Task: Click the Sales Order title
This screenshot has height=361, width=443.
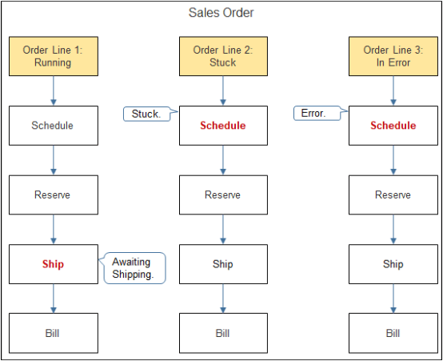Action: (x=221, y=13)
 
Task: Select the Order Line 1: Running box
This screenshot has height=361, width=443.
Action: (x=53, y=56)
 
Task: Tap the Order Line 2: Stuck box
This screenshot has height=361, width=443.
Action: (x=222, y=56)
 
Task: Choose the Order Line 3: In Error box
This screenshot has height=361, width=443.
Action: (x=393, y=56)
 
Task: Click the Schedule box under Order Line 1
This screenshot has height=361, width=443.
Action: (x=53, y=126)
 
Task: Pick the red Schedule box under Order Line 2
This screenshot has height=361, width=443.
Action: (x=222, y=126)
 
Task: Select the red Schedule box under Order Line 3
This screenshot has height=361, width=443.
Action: (x=393, y=126)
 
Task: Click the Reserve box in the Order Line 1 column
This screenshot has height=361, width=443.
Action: (x=53, y=195)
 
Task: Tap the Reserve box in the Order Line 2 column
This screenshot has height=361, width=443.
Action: (x=222, y=195)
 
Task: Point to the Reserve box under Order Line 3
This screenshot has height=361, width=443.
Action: (x=393, y=195)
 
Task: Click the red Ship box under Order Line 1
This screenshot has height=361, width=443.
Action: (x=53, y=264)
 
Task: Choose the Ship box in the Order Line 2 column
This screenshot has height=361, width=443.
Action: (x=222, y=264)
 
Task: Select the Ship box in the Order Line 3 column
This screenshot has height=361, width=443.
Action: (x=393, y=264)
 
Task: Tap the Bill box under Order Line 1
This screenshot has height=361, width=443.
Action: (x=53, y=333)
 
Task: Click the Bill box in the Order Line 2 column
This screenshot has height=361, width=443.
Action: (x=222, y=333)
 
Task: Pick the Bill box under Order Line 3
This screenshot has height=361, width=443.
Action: (x=393, y=333)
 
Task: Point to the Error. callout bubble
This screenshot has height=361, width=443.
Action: (x=313, y=114)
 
